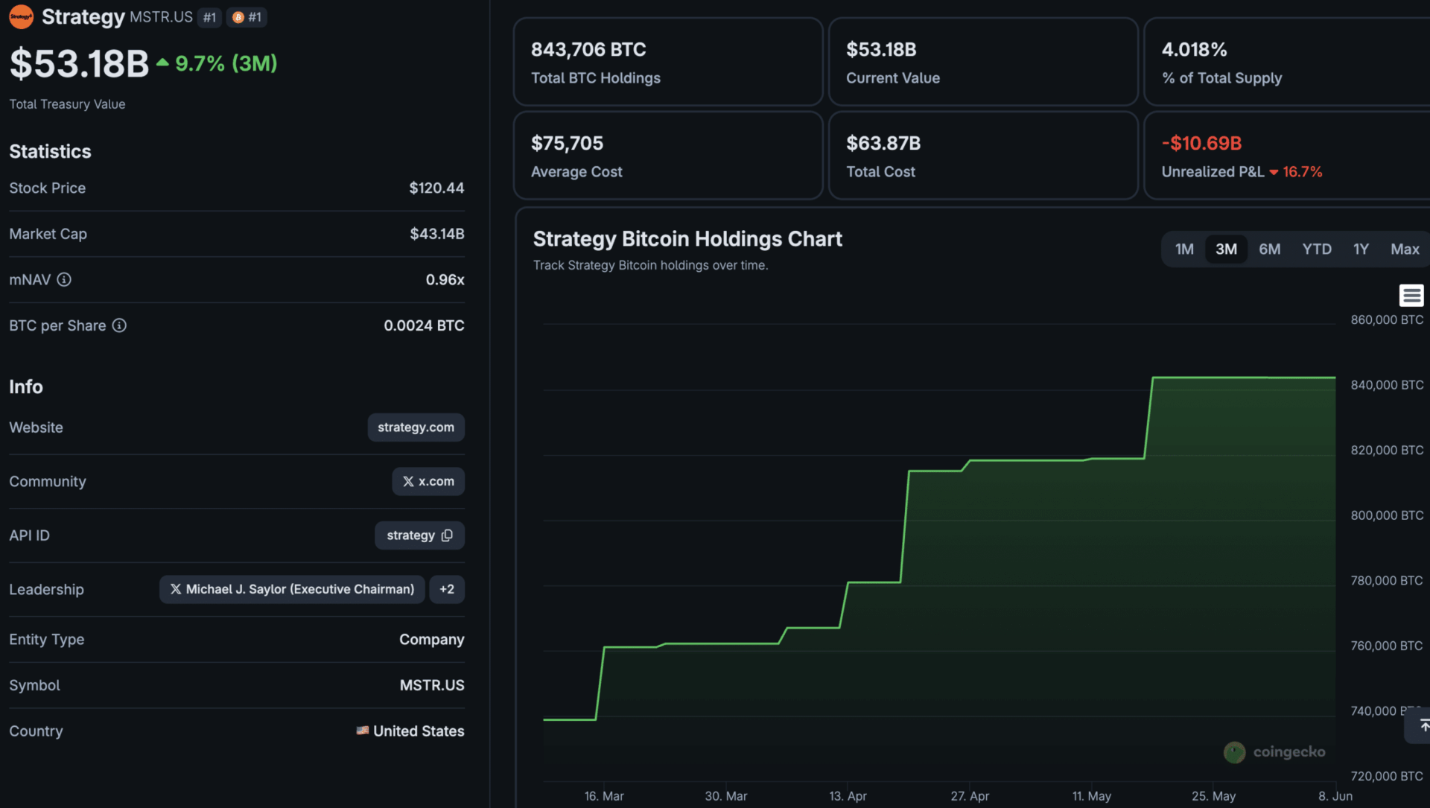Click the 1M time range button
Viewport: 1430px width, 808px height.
(1184, 249)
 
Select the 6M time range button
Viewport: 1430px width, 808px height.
(1270, 249)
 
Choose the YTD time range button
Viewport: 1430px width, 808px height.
(1317, 249)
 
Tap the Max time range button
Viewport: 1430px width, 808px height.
(1405, 249)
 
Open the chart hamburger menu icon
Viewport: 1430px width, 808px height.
(1411, 296)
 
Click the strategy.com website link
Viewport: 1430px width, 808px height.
(416, 427)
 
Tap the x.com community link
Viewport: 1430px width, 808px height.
(428, 482)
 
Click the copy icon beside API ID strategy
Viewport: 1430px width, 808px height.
(447, 535)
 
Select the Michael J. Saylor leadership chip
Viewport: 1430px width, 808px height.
(292, 589)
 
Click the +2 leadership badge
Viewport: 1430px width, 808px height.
(447, 589)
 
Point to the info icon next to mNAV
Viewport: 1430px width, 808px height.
(64, 280)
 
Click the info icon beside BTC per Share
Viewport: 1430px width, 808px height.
(119, 325)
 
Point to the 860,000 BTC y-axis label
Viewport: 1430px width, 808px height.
(1387, 320)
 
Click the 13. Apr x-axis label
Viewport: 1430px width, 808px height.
(848, 796)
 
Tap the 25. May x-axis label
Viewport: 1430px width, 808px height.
(1213, 796)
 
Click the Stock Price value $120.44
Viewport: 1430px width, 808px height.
(436, 188)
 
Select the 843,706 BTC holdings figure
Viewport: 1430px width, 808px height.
(588, 50)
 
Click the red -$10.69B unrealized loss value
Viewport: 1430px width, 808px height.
(1201, 144)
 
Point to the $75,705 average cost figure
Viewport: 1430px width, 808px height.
(567, 144)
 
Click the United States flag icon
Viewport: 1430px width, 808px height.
(363, 731)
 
